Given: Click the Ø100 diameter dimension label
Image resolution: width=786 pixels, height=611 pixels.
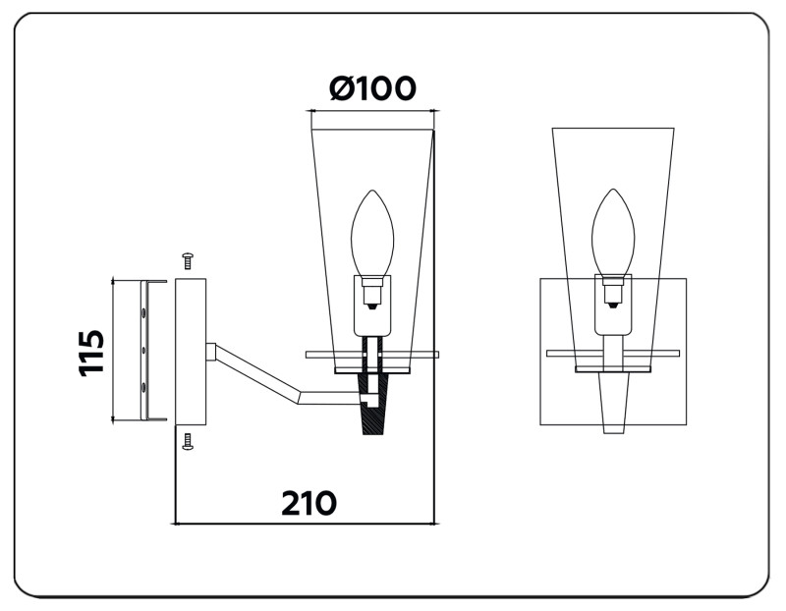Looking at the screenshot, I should [x=372, y=88].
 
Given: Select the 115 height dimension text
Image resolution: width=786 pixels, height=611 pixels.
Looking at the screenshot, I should [x=91, y=352].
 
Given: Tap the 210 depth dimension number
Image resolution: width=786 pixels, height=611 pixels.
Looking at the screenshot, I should [x=309, y=503].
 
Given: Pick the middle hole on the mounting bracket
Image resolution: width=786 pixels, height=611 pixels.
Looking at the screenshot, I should [x=145, y=350].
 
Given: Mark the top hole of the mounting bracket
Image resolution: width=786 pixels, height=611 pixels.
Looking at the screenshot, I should [x=145, y=312].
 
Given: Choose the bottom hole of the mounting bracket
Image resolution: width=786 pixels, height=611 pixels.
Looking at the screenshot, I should [x=145, y=387].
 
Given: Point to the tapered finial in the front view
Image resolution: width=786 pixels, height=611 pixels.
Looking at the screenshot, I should [x=613, y=403].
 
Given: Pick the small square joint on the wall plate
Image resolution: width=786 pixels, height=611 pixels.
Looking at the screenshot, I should [x=210, y=351].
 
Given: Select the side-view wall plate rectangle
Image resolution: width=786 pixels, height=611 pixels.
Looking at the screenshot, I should [x=191, y=351].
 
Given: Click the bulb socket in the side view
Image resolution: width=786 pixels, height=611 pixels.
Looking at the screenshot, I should [x=372, y=293].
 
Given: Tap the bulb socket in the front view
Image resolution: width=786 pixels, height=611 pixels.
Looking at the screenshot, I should [x=613, y=293].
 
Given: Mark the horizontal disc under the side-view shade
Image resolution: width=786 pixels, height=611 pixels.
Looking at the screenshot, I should [x=372, y=354].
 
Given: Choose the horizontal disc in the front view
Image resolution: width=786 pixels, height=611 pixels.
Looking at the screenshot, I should [x=613, y=353].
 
